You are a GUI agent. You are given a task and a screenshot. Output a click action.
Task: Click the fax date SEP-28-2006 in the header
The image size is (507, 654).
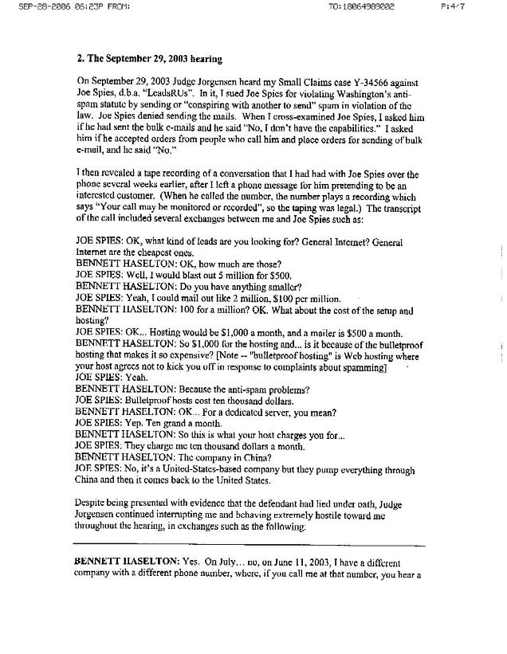(x=29, y=7)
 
